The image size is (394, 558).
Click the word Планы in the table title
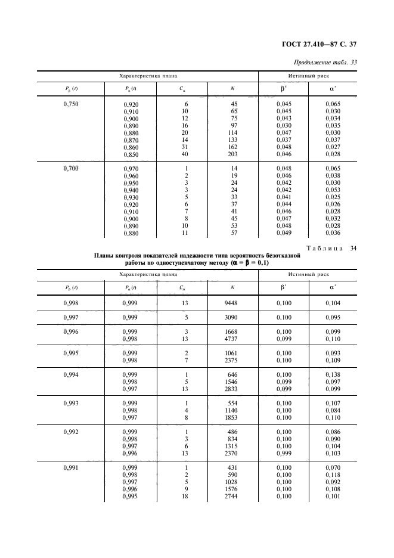[x=108, y=255]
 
